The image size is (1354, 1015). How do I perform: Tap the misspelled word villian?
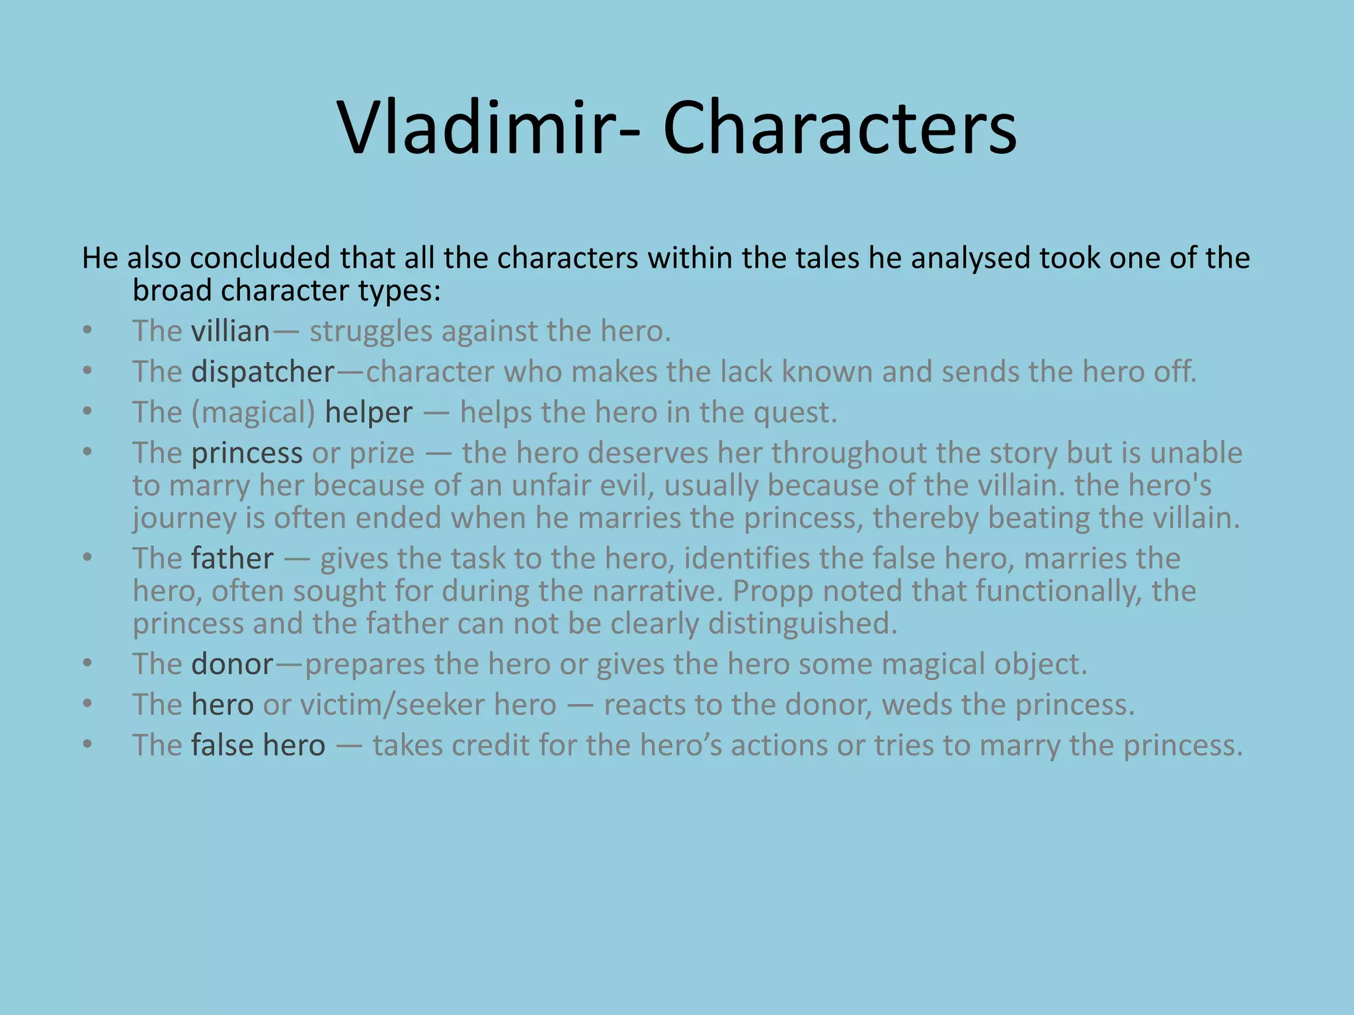(231, 331)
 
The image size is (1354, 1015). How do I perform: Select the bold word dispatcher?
(263, 372)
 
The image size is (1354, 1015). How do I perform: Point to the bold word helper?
(369, 412)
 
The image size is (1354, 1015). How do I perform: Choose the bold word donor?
(232, 664)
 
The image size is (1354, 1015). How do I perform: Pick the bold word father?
(232, 558)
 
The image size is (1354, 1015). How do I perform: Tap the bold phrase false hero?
(259, 745)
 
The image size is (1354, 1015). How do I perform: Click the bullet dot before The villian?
(88, 330)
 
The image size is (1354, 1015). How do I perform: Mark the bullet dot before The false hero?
(88, 745)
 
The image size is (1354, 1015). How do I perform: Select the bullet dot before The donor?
(88, 663)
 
